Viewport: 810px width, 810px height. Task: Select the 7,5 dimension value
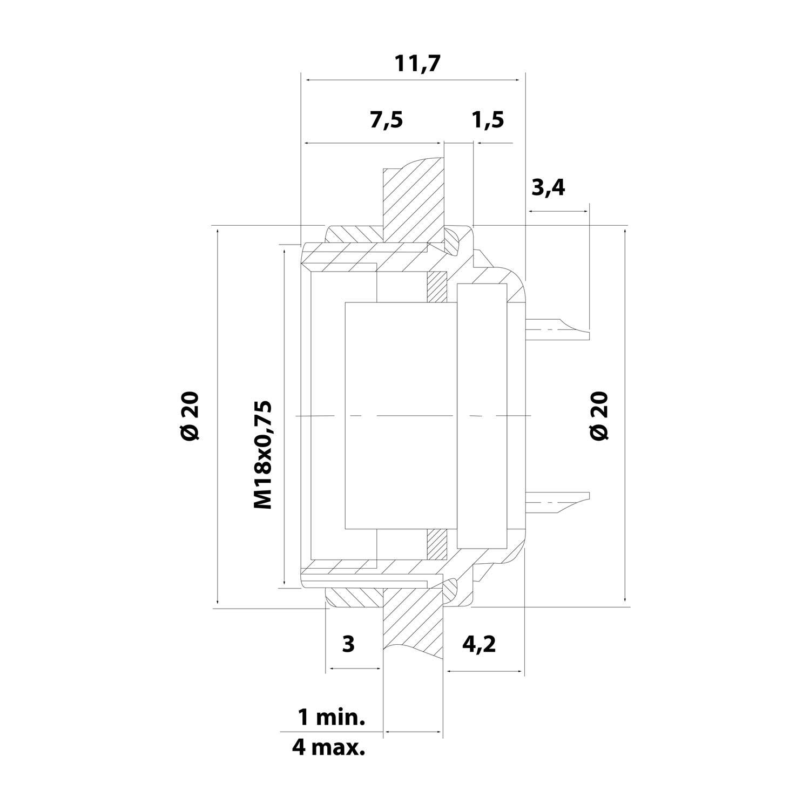tap(386, 120)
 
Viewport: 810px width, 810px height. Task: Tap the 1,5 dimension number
tap(488, 120)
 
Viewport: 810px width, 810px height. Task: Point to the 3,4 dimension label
tap(548, 187)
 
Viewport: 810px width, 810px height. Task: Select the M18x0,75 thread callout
tap(262, 455)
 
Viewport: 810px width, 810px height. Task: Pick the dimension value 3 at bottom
tap(348, 643)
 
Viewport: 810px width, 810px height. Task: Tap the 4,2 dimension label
tap(478, 644)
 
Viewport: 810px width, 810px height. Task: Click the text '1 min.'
tap(332, 718)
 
